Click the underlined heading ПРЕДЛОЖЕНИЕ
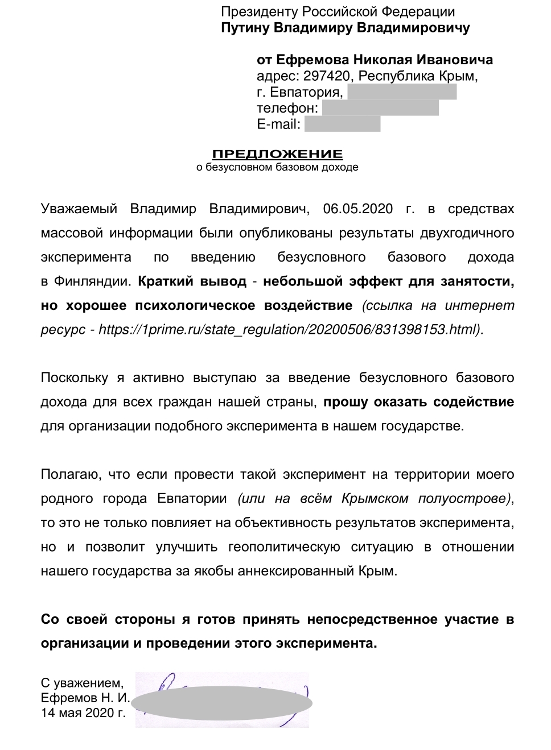point(277,154)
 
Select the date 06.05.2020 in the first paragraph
point(357,209)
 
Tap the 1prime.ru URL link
point(290,329)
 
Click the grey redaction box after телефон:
point(380,107)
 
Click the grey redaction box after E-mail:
point(342,124)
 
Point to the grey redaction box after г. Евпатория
point(401,92)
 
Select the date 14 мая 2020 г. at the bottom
point(83,712)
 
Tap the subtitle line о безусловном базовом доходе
point(277,167)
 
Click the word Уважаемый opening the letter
point(79,209)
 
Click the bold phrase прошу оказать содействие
point(419,402)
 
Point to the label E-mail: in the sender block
point(278,124)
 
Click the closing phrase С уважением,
point(81,682)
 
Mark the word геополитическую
point(284,546)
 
